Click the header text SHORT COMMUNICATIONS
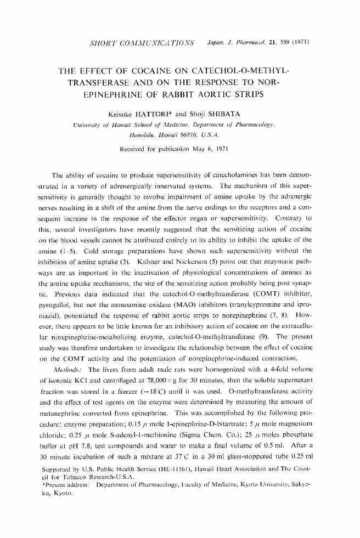point(140,42)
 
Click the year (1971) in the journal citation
point(300,42)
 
